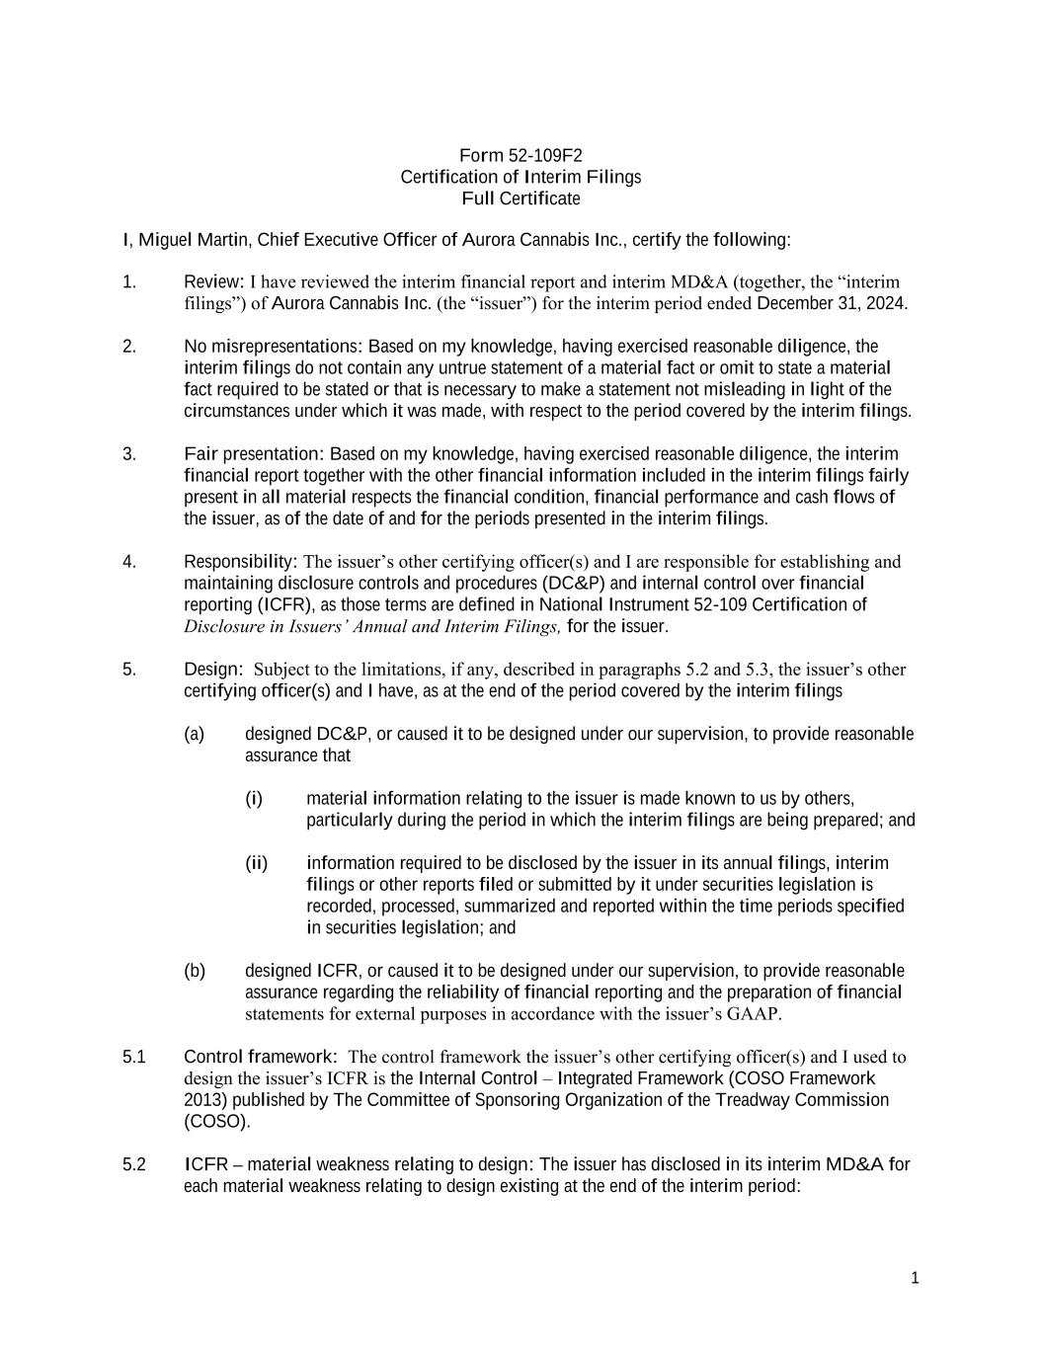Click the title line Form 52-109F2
pyautogui.click(x=521, y=155)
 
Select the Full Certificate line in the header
pyautogui.click(x=521, y=198)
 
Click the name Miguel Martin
pyautogui.click(x=194, y=240)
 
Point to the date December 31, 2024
pyautogui.click(x=831, y=303)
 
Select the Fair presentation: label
pyautogui.click(x=254, y=454)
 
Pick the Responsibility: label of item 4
pyautogui.click(x=241, y=562)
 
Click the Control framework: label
pyautogui.click(x=261, y=1057)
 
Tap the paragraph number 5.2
pyautogui.click(x=134, y=1164)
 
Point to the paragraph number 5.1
pyautogui.click(x=134, y=1057)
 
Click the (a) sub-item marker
pyautogui.click(x=195, y=735)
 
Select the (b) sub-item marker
pyautogui.click(x=195, y=971)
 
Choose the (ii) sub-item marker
pyautogui.click(x=256, y=863)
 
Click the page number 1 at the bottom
pyautogui.click(x=915, y=1278)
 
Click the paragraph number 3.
pyautogui.click(x=128, y=454)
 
